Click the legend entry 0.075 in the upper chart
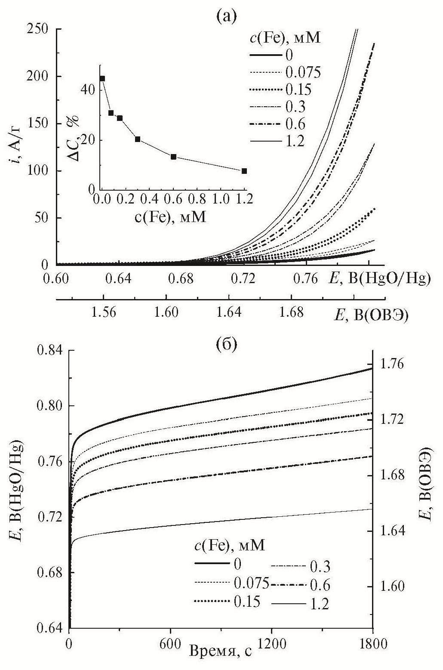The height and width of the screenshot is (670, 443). [303, 72]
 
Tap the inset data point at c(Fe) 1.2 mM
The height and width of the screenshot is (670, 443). [244, 171]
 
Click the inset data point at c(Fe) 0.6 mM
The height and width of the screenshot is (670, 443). [173, 157]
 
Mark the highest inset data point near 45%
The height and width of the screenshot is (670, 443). [102, 78]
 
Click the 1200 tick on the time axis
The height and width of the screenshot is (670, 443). [272, 645]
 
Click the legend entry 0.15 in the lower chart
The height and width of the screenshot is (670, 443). [247, 601]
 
